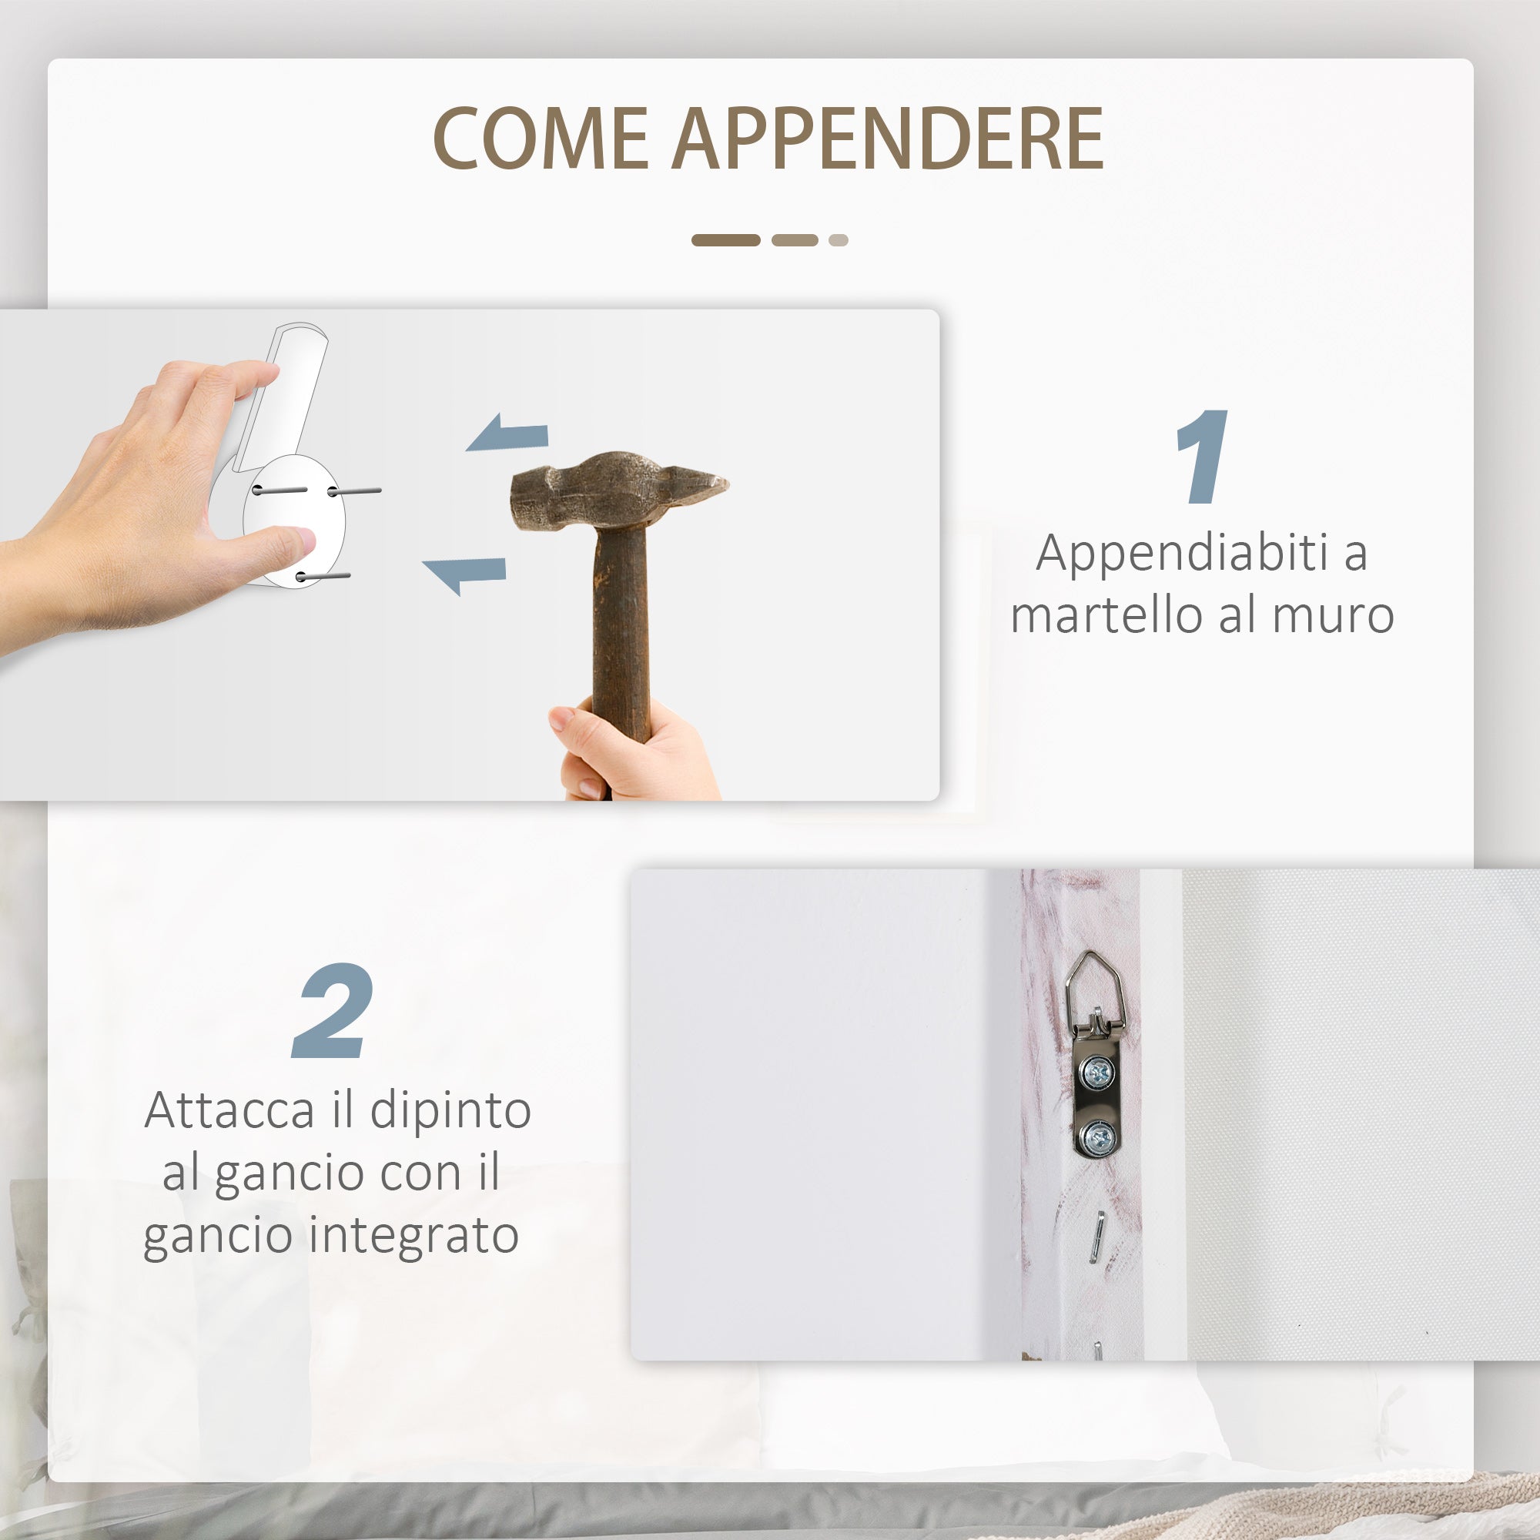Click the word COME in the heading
pos(541,139)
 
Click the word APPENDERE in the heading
pos(888,139)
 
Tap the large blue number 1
pos(1203,457)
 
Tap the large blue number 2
pos(333,1011)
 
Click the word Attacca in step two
pos(229,1110)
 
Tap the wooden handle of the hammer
pos(620,638)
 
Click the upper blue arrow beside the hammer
pos(508,432)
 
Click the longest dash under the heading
pos(725,240)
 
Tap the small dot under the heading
pos(838,240)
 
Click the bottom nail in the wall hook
pos(323,575)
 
